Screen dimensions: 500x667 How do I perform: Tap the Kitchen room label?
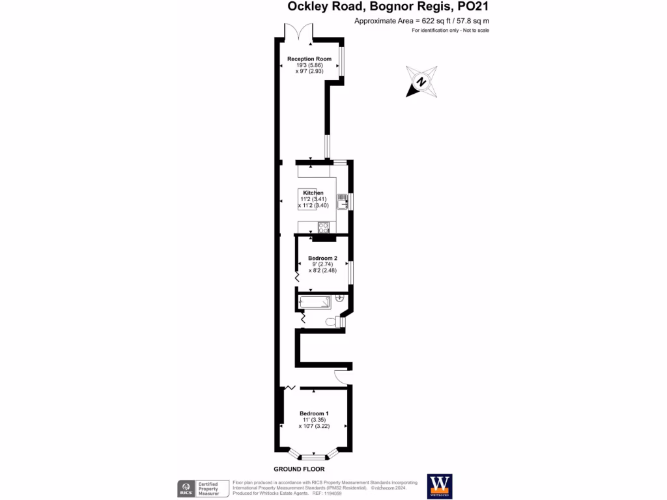(x=313, y=193)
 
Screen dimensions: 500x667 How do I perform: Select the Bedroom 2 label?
(x=322, y=258)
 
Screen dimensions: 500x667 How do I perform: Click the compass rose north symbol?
(x=421, y=82)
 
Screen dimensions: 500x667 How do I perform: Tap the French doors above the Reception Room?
(x=299, y=33)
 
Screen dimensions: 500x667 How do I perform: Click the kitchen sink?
(x=343, y=202)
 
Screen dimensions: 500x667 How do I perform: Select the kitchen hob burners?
(x=324, y=227)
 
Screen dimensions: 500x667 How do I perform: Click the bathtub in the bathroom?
(x=314, y=302)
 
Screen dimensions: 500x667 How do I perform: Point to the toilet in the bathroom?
(x=337, y=320)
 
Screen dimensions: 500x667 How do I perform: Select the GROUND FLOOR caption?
(x=299, y=469)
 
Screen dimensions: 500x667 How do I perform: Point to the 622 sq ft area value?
(x=426, y=21)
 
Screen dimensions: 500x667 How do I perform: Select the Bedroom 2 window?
(x=350, y=272)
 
